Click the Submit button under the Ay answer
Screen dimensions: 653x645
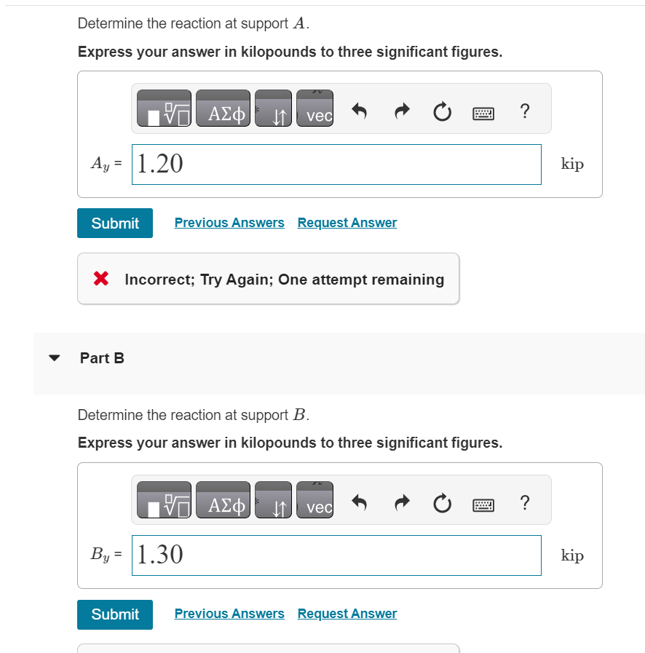115,223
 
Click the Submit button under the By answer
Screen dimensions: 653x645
115,614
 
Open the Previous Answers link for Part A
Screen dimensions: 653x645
229,223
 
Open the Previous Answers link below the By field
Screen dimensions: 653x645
229,614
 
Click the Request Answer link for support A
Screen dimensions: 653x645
347,223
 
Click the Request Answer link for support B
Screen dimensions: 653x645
347,614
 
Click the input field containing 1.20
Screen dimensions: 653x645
336,165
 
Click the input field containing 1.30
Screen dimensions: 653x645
336,555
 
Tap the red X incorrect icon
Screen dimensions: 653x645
102,279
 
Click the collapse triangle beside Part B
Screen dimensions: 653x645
54,358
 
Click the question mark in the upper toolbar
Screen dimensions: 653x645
525,111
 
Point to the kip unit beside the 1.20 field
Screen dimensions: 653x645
572,165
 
